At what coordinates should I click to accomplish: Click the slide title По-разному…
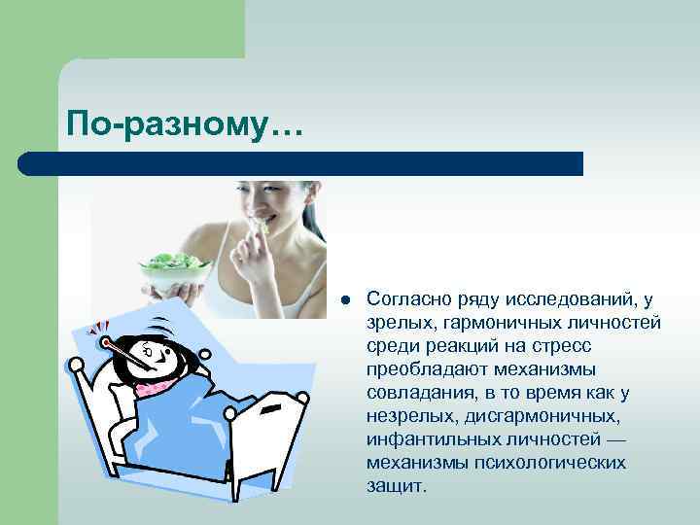coord(185,124)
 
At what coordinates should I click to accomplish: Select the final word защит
coord(396,484)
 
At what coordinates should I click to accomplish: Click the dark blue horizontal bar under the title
coord(301,163)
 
